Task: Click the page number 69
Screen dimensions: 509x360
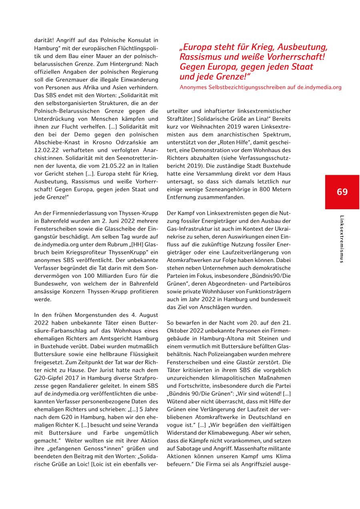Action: [342, 192]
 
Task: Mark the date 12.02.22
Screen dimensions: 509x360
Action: [46, 150]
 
